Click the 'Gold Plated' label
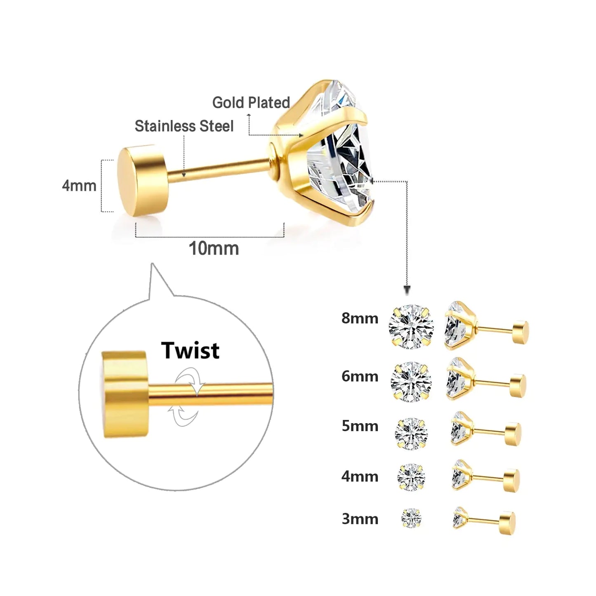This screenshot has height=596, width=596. click(x=251, y=102)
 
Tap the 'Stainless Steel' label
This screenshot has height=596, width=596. click(x=184, y=126)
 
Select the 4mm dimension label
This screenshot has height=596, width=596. click(x=79, y=186)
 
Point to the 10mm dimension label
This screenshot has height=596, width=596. click(x=214, y=249)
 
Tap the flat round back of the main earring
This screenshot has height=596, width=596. click(x=142, y=180)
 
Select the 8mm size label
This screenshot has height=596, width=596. click(x=360, y=318)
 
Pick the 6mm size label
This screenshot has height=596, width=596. click(x=360, y=376)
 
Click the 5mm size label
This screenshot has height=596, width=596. click(x=360, y=426)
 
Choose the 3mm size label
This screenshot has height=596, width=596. click(x=360, y=519)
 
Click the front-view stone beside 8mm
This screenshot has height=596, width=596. click(x=411, y=327)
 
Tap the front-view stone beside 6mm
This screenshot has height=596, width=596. click(x=411, y=382)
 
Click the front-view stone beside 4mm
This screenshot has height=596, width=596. click(x=411, y=477)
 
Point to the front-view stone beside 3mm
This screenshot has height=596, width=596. click(x=411, y=518)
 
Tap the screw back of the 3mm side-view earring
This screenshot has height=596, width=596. click(x=507, y=523)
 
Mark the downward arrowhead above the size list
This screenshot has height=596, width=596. click(x=407, y=290)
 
